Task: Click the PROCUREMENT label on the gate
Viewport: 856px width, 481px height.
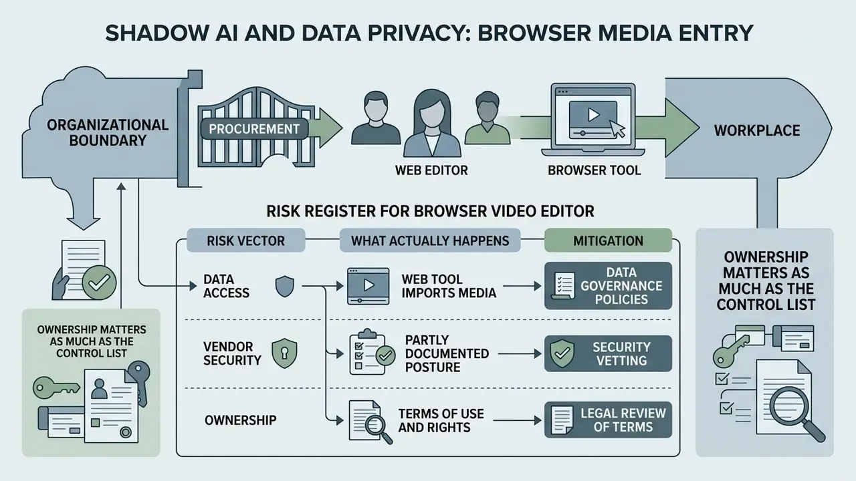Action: click(254, 129)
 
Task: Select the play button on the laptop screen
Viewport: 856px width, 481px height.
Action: click(593, 114)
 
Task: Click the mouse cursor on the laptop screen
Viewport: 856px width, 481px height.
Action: click(617, 129)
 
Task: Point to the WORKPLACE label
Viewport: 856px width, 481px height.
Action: click(757, 130)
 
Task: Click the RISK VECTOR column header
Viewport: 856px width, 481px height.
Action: click(245, 240)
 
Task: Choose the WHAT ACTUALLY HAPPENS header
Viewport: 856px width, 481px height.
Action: click(430, 240)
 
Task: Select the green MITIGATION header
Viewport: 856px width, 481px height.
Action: click(608, 240)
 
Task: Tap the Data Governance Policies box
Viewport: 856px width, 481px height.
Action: click(608, 285)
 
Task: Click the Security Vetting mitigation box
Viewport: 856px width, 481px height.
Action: click(608, 353)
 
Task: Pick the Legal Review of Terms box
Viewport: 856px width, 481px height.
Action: click(608, 420)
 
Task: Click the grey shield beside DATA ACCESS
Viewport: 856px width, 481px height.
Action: click(285, 287)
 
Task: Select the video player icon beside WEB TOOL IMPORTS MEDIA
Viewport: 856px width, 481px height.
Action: click(368, 286)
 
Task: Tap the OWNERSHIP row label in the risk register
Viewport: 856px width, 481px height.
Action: click(240, 420)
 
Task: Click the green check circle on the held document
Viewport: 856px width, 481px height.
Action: click(100, 283)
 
